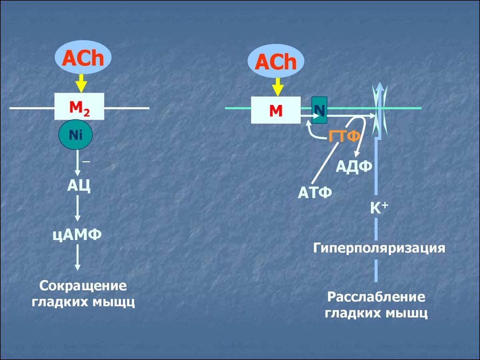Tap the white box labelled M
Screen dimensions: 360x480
pyautogui.click(x=276, y=110)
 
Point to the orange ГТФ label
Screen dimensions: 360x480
pyautogui.click(x=344, y=136)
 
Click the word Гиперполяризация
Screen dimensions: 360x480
pyautogui.click(x=379, y=247)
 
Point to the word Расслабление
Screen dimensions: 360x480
pyautogui.click(x=376, y=297)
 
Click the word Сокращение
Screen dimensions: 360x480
pyautogui.click(x=83, y=285)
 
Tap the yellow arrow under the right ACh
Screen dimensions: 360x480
pyautogui.click(x=277, y=87)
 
